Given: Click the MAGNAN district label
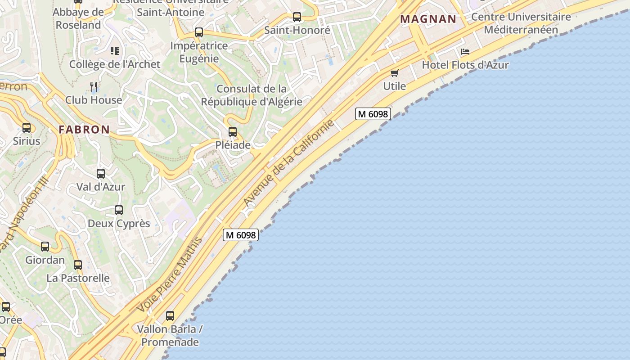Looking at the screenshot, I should click(x=428, y=19).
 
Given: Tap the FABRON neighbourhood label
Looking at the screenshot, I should click(x=84, y=130).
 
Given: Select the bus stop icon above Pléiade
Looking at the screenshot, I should click(x=233, y=132).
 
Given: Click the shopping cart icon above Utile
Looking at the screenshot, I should click(x=395, y=73).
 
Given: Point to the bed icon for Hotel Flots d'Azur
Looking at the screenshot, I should click(x=465, y=52).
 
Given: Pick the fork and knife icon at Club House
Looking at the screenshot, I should click(x=94, y=86).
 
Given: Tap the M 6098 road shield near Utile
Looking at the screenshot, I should click(x=373, y=114).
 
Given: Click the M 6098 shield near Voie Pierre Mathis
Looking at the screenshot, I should click(x=241, y=234).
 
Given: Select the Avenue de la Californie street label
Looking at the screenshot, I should click(x=289, y=162).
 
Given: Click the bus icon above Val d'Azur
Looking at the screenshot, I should click(x=101, y=173).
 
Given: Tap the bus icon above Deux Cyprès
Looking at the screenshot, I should click(x=119, y=210).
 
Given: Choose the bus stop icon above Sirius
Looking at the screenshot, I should click(x=27, y=128).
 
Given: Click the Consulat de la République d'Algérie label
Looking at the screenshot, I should click(x=252, y=95).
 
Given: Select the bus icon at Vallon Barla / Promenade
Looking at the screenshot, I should click(x=170, y=316).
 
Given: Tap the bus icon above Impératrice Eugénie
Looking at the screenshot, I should click(x=199, y=32).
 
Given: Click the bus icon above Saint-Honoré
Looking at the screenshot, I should click(x=297, y=17).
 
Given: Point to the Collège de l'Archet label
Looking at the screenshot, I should click(x=115, y=64).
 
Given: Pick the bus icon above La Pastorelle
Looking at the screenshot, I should click(x=78, y=265).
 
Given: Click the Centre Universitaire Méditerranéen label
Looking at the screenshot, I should click(x=521, y=23).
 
